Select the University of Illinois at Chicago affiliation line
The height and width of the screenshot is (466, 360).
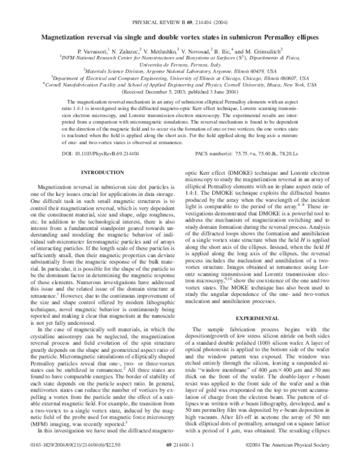click(179, 77)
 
